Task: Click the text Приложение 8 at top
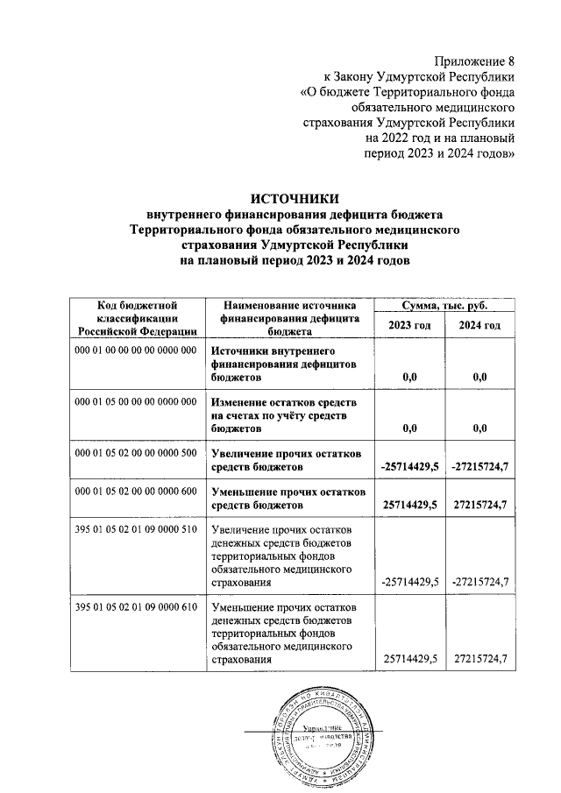tap(473, 60)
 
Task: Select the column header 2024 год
tap(479, 326)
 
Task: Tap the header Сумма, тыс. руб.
tap(444, 306)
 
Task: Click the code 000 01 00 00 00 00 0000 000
tap(136, 350)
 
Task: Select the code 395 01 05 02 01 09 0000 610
tap(136, 606)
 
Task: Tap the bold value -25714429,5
tap(410, 467)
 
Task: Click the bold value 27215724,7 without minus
tap(479, 506)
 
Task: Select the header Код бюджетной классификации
tap(136, 318)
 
